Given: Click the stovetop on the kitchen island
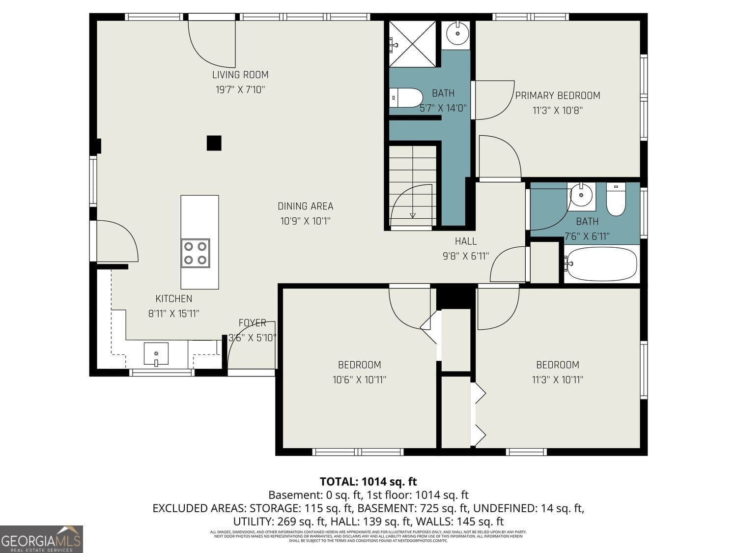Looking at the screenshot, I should (x=195, y=253).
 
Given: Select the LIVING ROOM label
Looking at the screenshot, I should (x=240, y=75).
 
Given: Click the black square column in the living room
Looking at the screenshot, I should (x=214, y=143).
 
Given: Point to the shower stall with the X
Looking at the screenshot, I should (x=413, y=43).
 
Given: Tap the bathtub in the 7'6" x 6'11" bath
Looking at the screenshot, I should (x=601, y=264).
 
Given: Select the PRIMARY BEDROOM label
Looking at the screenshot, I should (x=557, y=95).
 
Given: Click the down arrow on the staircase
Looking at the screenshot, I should (x=412, y=215).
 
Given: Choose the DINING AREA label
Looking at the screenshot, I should (x=305, y=206).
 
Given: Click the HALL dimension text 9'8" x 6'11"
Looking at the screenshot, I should (x=465, y=256).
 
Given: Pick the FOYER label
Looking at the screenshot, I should (x=252, y=323).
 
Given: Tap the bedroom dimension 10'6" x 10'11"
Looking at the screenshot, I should (x=359, y=379).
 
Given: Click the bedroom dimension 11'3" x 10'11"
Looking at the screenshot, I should (x=557, y=379).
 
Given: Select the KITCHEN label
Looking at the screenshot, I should (x=173, y=299).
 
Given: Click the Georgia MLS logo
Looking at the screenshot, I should (x=41, y=539).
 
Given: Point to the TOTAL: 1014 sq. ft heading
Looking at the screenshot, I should (x=368, y=481).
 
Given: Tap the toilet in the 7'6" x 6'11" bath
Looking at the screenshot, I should (x=616, y=199).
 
